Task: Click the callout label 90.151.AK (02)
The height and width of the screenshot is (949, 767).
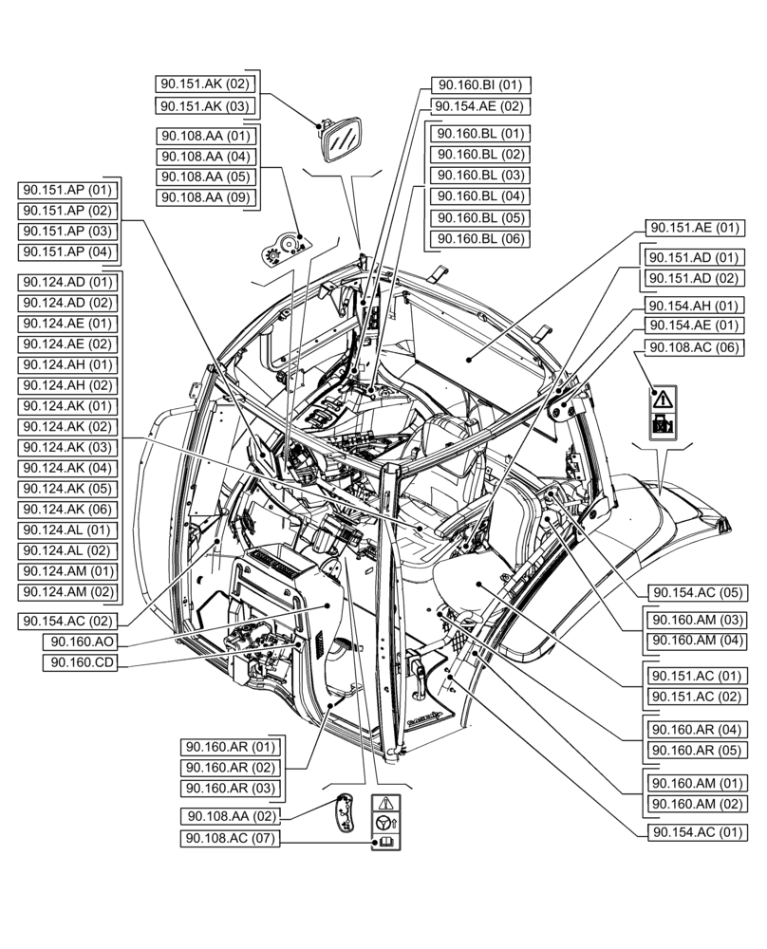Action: pyautogui.click(x=205, y=84)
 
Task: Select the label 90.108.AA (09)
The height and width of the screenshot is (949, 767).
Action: pyautogui.click(x=205, y=197)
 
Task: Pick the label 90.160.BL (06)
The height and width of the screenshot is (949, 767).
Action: pyautogui.click(x=480, y=239)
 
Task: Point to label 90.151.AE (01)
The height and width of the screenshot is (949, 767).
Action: pyautogui.click(x=695, y=228)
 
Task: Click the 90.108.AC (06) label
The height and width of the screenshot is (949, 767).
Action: pyautogui.click(x=695, y=348)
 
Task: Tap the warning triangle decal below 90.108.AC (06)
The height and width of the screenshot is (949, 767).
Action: pyautogui.click(x=663, y=398)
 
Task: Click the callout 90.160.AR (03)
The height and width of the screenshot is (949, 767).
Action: pyautogui.click(x=230, y=789)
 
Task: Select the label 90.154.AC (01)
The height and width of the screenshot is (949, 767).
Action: pyautogui.click(x=695, y=832)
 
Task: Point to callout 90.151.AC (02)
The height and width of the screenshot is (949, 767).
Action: pyautogui.click(x=695, y=698)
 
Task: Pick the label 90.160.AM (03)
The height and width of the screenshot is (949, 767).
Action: pyautogui.click(x=695, y=620)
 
